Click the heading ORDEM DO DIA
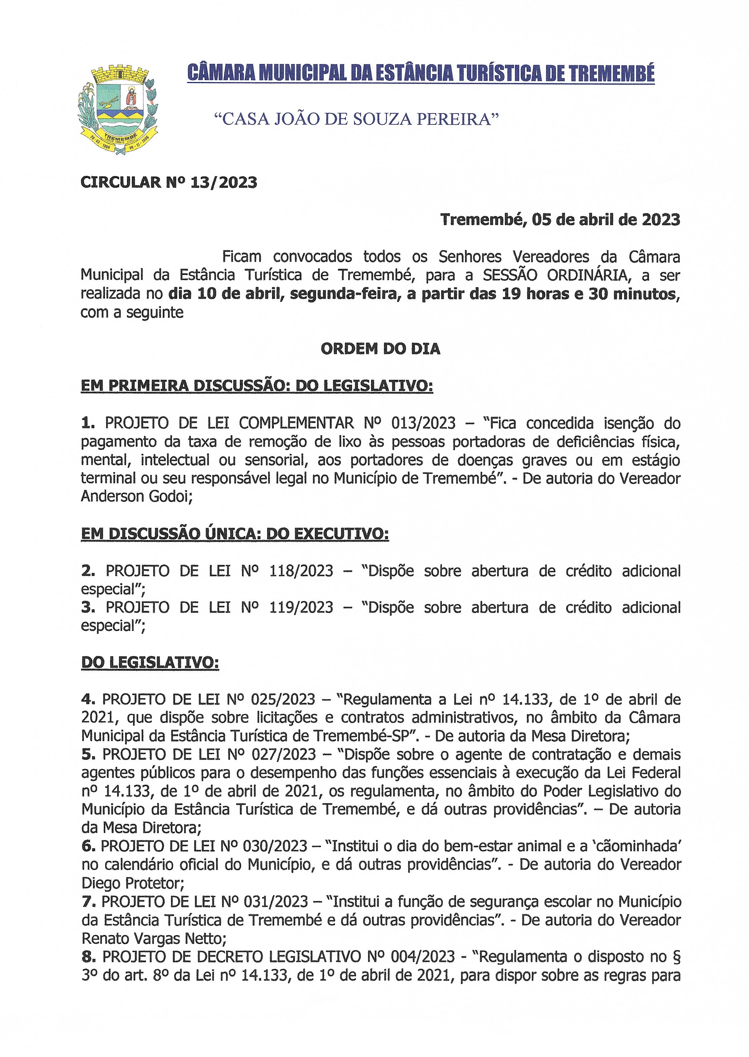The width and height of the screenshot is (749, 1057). coord(381,349)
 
